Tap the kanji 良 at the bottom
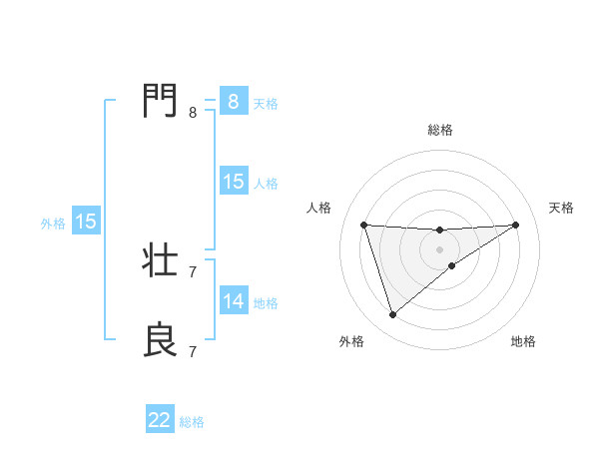point(162,338)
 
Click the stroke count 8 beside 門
point(193,113)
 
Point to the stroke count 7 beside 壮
point(193,271)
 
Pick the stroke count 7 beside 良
point(193,351)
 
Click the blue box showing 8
point(233,102)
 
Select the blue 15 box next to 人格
point(233,182)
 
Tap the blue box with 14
point(233,301)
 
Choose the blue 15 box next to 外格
point(86,222)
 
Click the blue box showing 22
point(160,420)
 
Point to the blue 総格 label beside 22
point(192,422)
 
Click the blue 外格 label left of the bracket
point(53,224)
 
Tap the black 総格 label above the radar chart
point(439,130)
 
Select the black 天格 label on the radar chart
point(561,208)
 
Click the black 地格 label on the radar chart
point(523,341)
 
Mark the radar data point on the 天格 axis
point(515,225)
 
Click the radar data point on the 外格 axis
point(392,315)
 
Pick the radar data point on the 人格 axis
point(363,225)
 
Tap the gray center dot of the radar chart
point(439,249)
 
